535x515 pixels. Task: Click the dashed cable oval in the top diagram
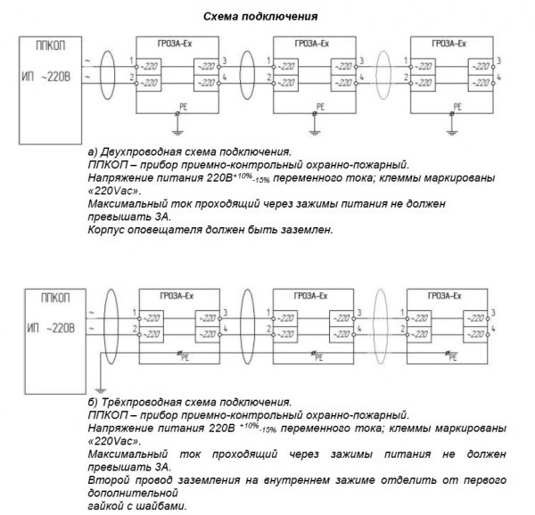(384, 69)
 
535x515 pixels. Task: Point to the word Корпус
(109, 229)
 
